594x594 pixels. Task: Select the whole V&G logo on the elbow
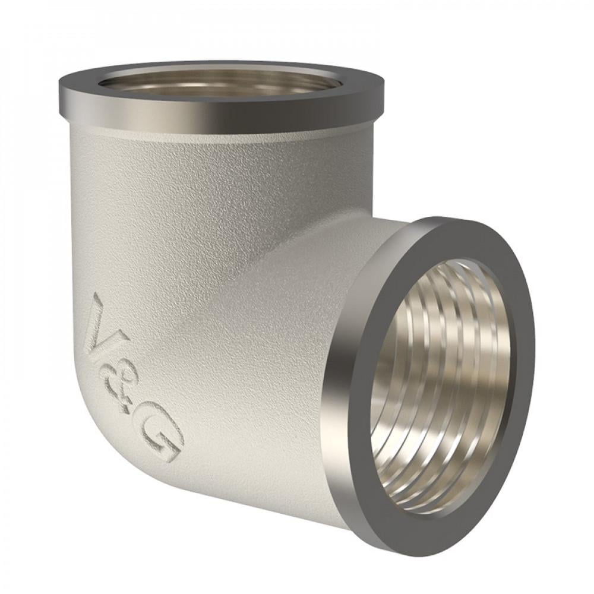(134, 377)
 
